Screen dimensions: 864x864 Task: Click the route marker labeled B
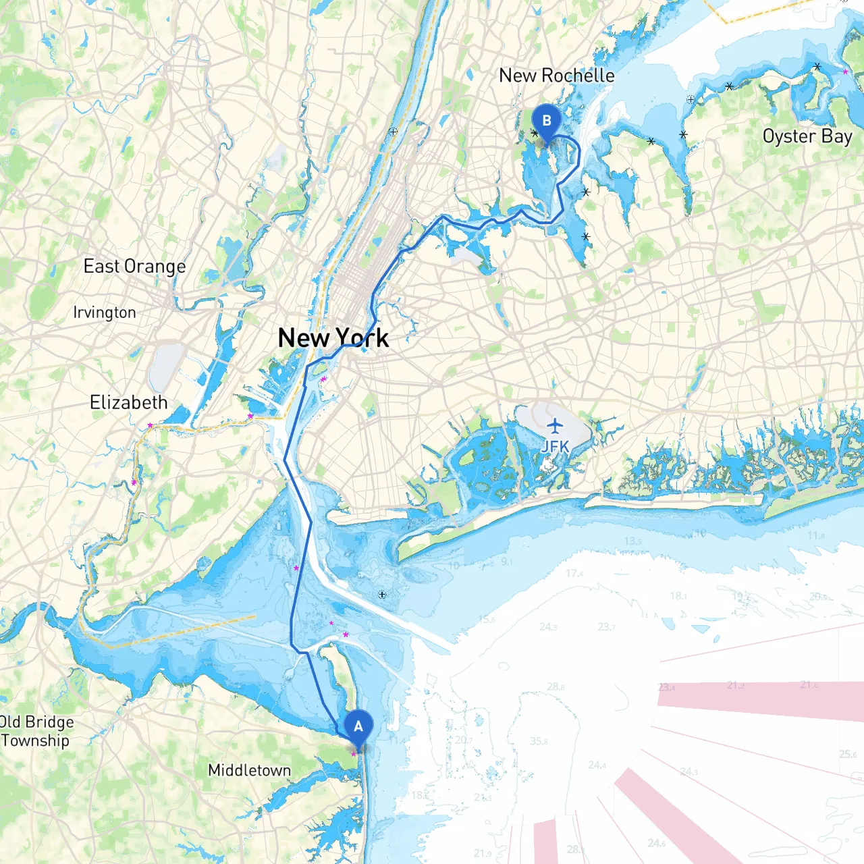point(547,122)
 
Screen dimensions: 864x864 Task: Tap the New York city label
point(333,337)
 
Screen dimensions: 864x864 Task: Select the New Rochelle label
point(557,76)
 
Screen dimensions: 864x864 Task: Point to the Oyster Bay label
point(807,136)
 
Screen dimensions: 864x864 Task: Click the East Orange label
point(134,267)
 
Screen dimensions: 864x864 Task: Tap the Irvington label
point(105,313)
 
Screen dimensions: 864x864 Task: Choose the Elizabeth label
point(129,402)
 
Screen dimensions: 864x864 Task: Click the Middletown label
point(249,770)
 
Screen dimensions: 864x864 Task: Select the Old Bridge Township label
point(35,731)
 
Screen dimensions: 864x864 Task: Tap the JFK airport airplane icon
point(555,426)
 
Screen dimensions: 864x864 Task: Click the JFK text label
point(555,446)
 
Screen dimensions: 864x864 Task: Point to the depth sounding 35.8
point(539,741)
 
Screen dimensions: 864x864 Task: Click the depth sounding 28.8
point(556,686)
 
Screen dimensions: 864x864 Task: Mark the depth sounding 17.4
point(574,573)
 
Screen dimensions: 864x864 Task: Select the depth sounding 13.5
point(632,541)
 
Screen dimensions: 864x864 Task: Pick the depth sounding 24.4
point(597,765)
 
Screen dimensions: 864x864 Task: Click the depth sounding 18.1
point(678,595)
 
